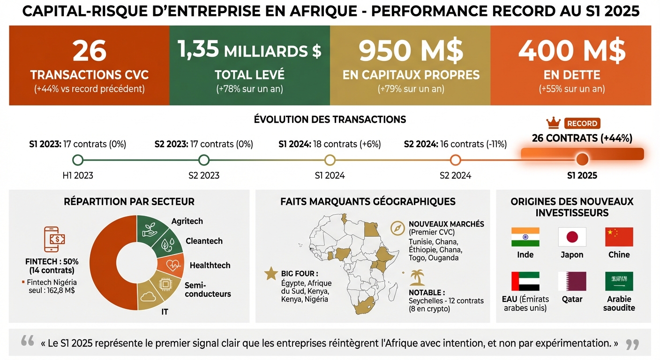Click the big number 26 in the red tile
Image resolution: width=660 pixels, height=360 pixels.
(90, 50)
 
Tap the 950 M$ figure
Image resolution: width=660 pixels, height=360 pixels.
(411, 50)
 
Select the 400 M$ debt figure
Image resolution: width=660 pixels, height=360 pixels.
(571, 50)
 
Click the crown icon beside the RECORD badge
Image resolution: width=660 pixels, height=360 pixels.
(553, 123)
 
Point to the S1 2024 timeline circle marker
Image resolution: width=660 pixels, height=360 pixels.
(330, 160)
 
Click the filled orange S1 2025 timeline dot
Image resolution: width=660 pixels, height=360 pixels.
(582, 159)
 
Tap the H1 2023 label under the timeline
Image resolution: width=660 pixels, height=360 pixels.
(78, 176)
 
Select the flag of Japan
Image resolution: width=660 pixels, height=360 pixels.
(572, 237)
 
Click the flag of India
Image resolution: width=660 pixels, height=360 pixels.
(525, 237)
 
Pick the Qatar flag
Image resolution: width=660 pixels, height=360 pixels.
(572, 281)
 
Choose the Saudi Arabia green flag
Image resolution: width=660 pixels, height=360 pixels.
(619, 281)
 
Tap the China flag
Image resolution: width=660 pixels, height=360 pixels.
(619, 237)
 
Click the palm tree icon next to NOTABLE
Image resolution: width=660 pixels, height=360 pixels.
(417, 277)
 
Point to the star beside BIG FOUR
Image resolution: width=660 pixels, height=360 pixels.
(271, 274)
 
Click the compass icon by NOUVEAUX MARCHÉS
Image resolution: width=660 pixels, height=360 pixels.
(397, 228)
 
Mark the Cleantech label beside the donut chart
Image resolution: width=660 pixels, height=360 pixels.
(204, 241)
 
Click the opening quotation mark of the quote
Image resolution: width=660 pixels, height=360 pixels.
(27, 342)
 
